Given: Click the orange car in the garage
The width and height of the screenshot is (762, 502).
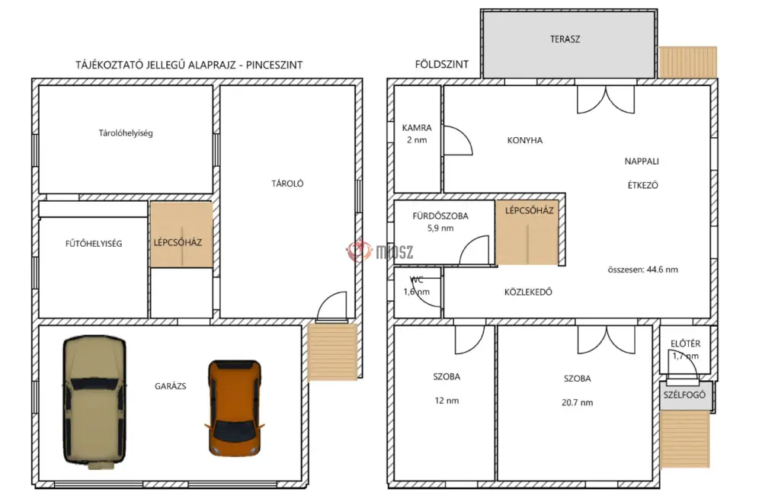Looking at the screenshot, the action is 235,408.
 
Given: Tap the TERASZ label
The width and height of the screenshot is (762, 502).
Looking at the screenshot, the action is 565,40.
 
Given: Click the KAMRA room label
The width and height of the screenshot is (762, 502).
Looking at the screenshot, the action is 417,128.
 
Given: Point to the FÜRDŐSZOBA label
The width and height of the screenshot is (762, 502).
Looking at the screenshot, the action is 440,216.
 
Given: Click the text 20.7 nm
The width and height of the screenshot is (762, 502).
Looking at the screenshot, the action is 577,402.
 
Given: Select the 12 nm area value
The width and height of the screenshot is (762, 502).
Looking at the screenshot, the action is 447,401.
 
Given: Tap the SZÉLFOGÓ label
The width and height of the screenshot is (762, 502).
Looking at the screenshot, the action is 684,395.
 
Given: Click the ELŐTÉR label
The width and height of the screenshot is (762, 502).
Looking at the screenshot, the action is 685,344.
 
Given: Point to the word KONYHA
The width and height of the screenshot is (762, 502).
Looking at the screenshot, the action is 525,140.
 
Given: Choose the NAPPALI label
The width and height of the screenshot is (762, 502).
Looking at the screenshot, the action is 642,161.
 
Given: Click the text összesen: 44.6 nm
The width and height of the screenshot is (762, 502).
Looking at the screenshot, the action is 642,270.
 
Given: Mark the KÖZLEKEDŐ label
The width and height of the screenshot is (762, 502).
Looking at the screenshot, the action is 528,292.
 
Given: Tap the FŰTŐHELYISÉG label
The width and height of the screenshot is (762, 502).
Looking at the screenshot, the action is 94,244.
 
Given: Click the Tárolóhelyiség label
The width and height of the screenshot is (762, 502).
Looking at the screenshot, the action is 126,133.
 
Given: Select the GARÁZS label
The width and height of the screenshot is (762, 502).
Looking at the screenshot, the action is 170,386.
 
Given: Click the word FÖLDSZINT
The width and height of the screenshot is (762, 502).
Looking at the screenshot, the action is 442,64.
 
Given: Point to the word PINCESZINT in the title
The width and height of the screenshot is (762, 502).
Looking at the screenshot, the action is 274,65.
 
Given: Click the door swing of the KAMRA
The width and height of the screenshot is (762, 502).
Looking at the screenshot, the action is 458,140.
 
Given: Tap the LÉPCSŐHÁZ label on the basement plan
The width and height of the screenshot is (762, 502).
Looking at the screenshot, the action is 178,242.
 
